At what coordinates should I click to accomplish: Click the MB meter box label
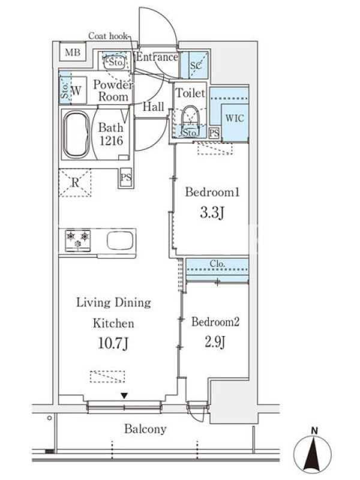click(x=73, y=52)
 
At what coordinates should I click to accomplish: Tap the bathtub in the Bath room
click(x=76, y=134)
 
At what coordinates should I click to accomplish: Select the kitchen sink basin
click(x=120, y=240)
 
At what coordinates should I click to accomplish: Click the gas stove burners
click(x=78, y=241)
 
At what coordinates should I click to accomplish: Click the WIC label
click(x=235, y=118)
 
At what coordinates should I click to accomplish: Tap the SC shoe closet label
click(x=196, y=65)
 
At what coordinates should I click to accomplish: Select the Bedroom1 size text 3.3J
click(x=212, y=212)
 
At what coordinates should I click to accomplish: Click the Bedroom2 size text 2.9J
click(x=215, y=342)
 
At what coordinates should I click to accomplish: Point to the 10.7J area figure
click(x=113, y=343)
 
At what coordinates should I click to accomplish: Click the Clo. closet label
click(x=217, y=263)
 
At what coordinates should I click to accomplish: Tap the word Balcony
click(x=145, y=429)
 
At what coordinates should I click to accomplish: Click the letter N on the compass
click(x=314, y=431)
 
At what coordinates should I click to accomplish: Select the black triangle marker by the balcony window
click(x=124, y=396)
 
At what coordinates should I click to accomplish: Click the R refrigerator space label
click(x=75, y=182)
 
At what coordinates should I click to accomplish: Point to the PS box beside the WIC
click(x=215, y=133)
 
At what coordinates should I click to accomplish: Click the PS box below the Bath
click(x=126, y=178)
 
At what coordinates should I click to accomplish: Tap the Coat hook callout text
click(x=108, y=36)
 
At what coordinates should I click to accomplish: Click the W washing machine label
click(x=76, y=91)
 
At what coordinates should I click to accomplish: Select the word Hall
click(x=154, y=107)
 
